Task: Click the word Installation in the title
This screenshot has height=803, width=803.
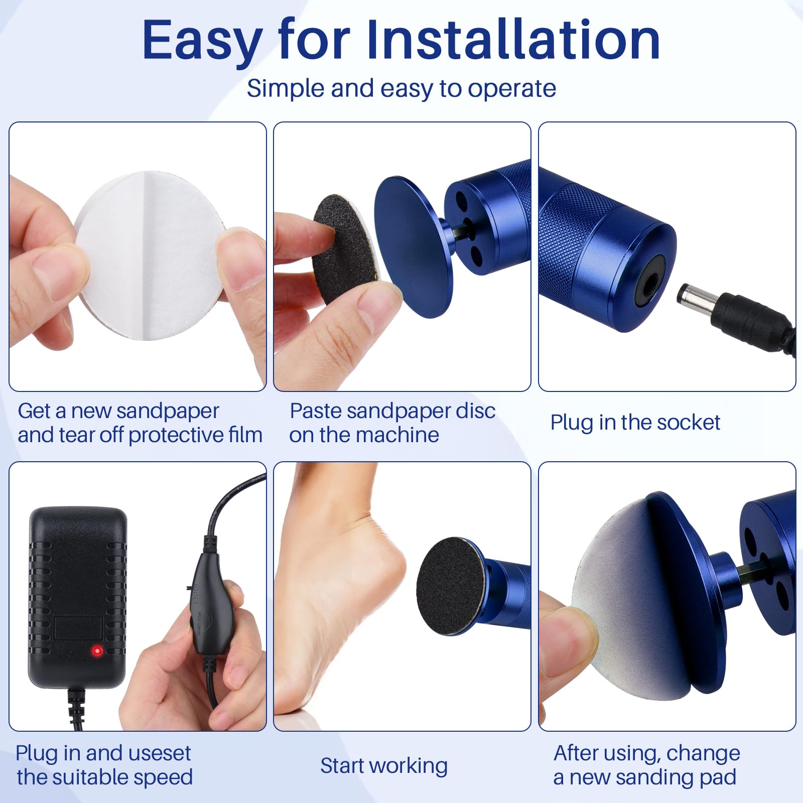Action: [513, 40]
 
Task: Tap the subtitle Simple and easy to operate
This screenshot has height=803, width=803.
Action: [401, 89]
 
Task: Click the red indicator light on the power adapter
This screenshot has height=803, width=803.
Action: [97, 651]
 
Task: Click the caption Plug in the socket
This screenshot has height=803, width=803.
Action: [635, 423]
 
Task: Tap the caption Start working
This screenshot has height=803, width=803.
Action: [384, 766]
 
